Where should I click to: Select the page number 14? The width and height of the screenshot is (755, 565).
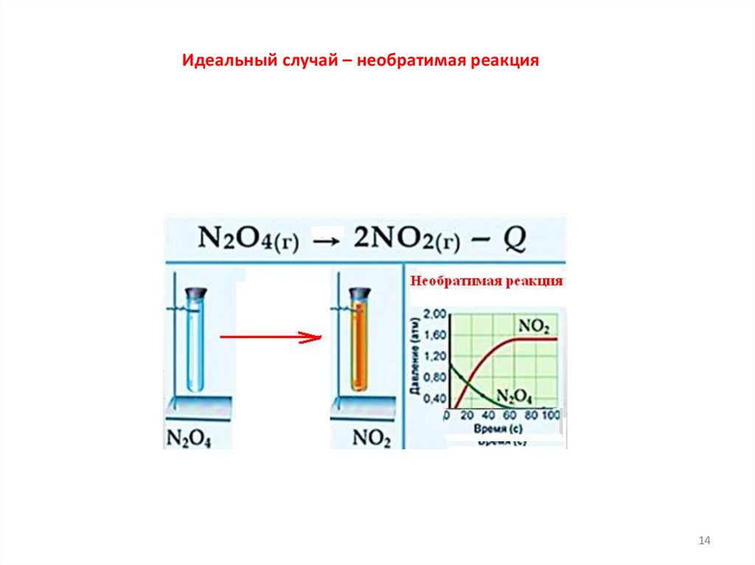click(x=703, y=541)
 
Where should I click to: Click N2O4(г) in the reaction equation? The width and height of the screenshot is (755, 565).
click(x=247, y=240)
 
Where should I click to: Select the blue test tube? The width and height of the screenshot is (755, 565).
click(x=196, y=346)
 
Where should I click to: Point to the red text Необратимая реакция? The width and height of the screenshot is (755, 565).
click(x=487, y=281)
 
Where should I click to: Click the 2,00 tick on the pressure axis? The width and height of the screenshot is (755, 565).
click(x=436, y=315)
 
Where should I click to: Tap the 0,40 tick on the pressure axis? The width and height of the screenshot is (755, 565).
click(x=436, y=399)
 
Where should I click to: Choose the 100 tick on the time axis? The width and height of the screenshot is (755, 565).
click(x=551, y=416)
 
